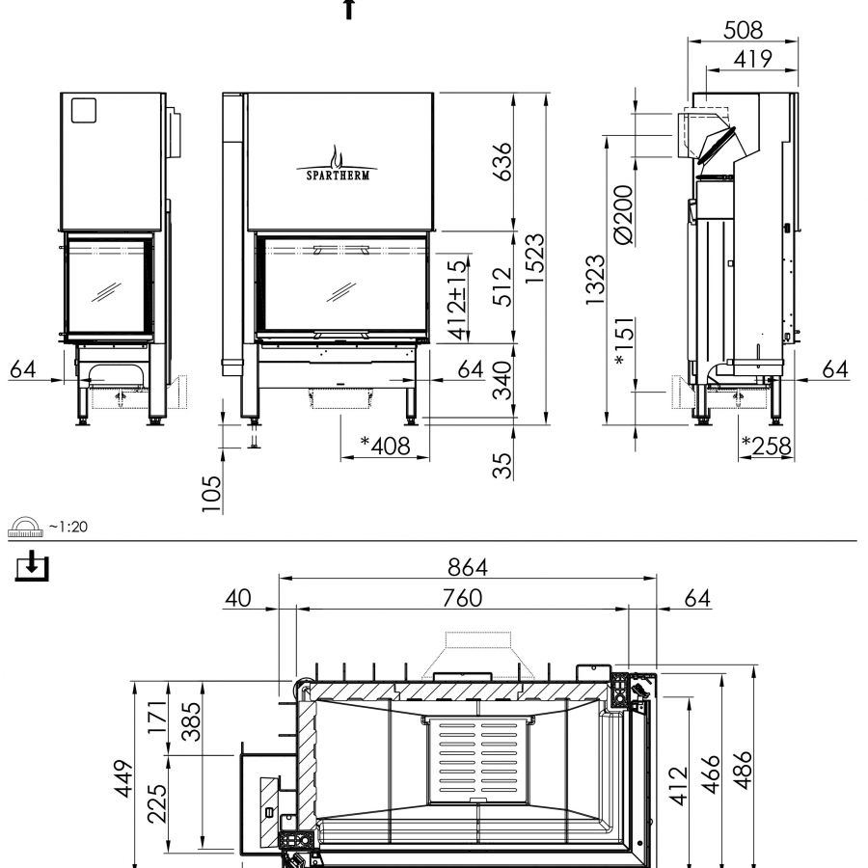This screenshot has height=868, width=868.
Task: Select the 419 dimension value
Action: (x=750, y=59)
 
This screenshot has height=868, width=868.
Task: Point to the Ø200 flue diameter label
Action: (x=624, y=213)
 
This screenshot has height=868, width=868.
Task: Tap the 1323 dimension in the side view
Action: (x=595, y=280)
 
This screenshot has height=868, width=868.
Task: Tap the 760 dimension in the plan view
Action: (x=461, y=598)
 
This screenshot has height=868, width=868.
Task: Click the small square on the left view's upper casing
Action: (x=85, y=111)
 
